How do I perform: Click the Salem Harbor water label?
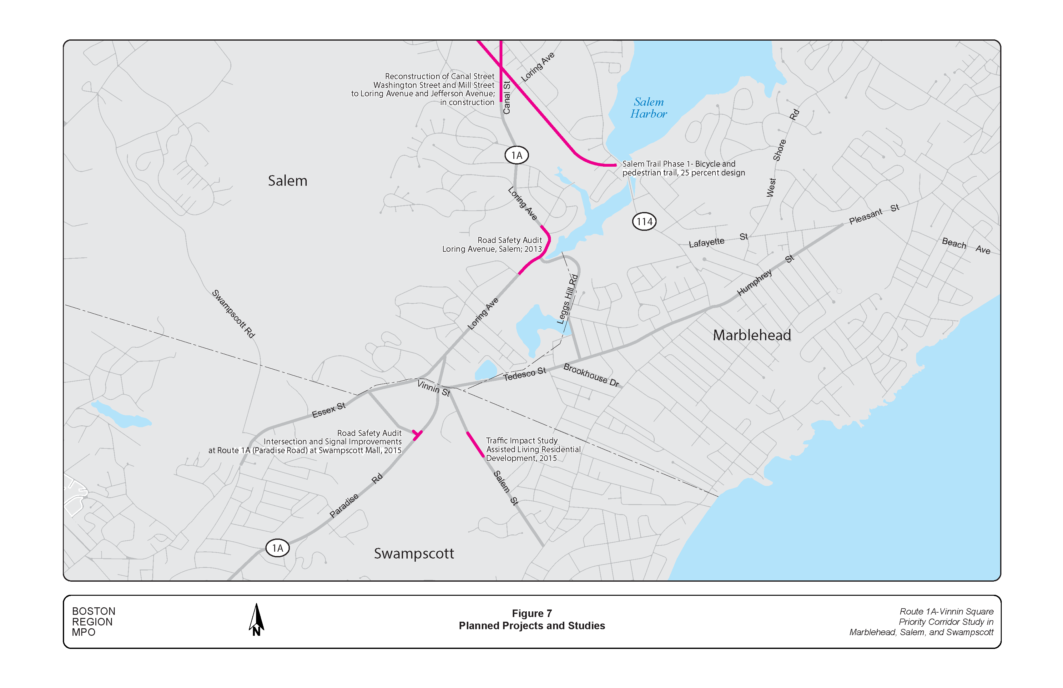tap(648, 108)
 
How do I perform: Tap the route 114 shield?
tap(644, 222)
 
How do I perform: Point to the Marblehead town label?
tap(752, 335)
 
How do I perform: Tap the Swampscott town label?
tap(414, 554)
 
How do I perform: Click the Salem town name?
tap(287, 181)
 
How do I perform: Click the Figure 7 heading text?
tap(531, 613)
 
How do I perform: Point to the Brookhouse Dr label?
tap(591, 375)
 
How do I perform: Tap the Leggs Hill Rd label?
tap(567, 299)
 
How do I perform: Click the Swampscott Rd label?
tap(233, 314)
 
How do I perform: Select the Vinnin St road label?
tap(433, 388)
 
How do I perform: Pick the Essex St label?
tap(328, 410)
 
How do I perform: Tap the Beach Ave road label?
tap(966, 246)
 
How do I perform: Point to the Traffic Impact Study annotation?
tap(533, 449)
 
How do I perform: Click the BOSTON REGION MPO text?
tap(93, 621)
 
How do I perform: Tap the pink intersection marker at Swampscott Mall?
tap(417, 434)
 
